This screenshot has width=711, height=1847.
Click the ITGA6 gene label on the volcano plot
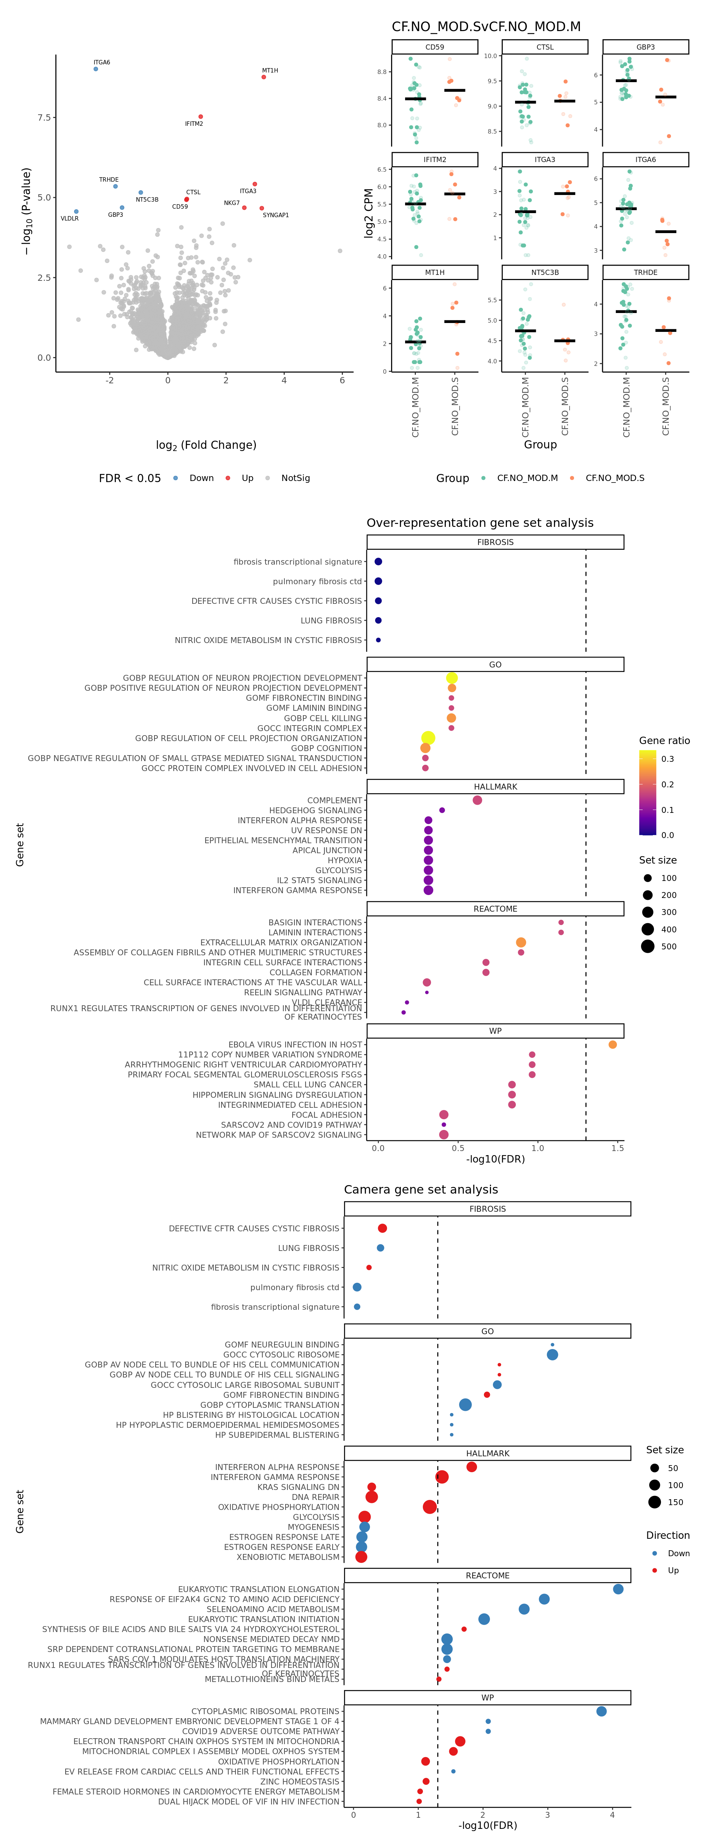tap(102, 63)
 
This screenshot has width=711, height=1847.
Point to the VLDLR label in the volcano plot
tap(70, 219)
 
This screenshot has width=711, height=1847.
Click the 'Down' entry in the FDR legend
tap(201, 478)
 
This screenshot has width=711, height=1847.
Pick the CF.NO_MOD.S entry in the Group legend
tap(614, 478)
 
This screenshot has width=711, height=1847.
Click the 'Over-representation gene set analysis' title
tap(480, 523)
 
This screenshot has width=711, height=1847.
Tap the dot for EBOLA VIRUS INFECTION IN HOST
tap(612, 1045)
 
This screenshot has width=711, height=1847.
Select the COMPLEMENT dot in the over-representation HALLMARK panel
tap(477, 800)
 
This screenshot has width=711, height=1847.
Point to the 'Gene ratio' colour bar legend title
tap(664, 741)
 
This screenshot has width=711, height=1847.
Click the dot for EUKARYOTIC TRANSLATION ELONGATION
tap(618, 1589)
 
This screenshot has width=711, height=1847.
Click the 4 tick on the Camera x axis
tap(612, 1815)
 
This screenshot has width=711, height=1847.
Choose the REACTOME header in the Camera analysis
tap(487, 1575)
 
